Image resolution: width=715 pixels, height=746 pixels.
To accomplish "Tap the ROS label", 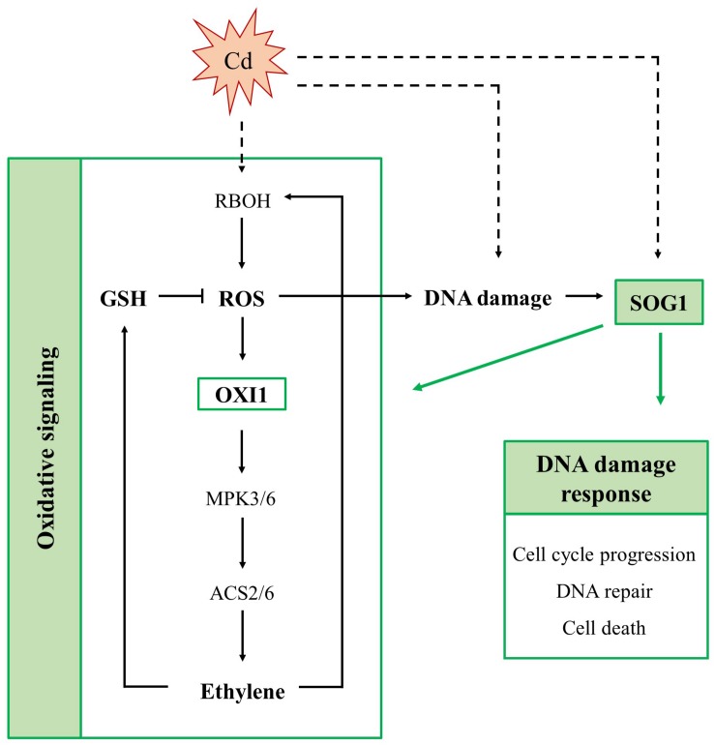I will pos(243,299).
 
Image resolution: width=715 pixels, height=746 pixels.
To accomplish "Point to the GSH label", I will pos(125,299).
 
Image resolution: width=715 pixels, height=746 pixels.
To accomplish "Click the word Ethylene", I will pos(242,692).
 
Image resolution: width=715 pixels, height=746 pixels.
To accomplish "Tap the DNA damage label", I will pos(488,299).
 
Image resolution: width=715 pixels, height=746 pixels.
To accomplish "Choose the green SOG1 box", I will pos(659,300).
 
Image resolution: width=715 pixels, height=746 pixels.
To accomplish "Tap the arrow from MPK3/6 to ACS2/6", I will pos(242,549).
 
